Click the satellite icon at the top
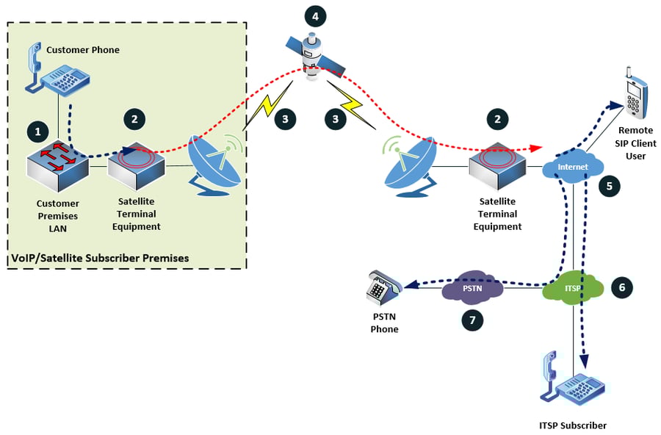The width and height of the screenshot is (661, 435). (314, 56)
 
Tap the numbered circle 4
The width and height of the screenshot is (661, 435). (314, 15)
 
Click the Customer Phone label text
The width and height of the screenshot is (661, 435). (82, 50)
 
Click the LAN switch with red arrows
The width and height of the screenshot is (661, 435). (56, 166)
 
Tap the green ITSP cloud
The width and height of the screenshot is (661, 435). (572, 289)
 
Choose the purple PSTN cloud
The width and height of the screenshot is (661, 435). (472, 289)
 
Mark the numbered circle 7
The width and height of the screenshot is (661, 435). (472, 320)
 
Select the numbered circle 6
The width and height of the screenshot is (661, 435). (621, 287)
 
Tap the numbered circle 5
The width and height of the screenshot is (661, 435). (609, 187)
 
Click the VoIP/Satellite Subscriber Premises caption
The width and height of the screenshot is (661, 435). (100, 258)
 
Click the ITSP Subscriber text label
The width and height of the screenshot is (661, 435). (573, 425)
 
